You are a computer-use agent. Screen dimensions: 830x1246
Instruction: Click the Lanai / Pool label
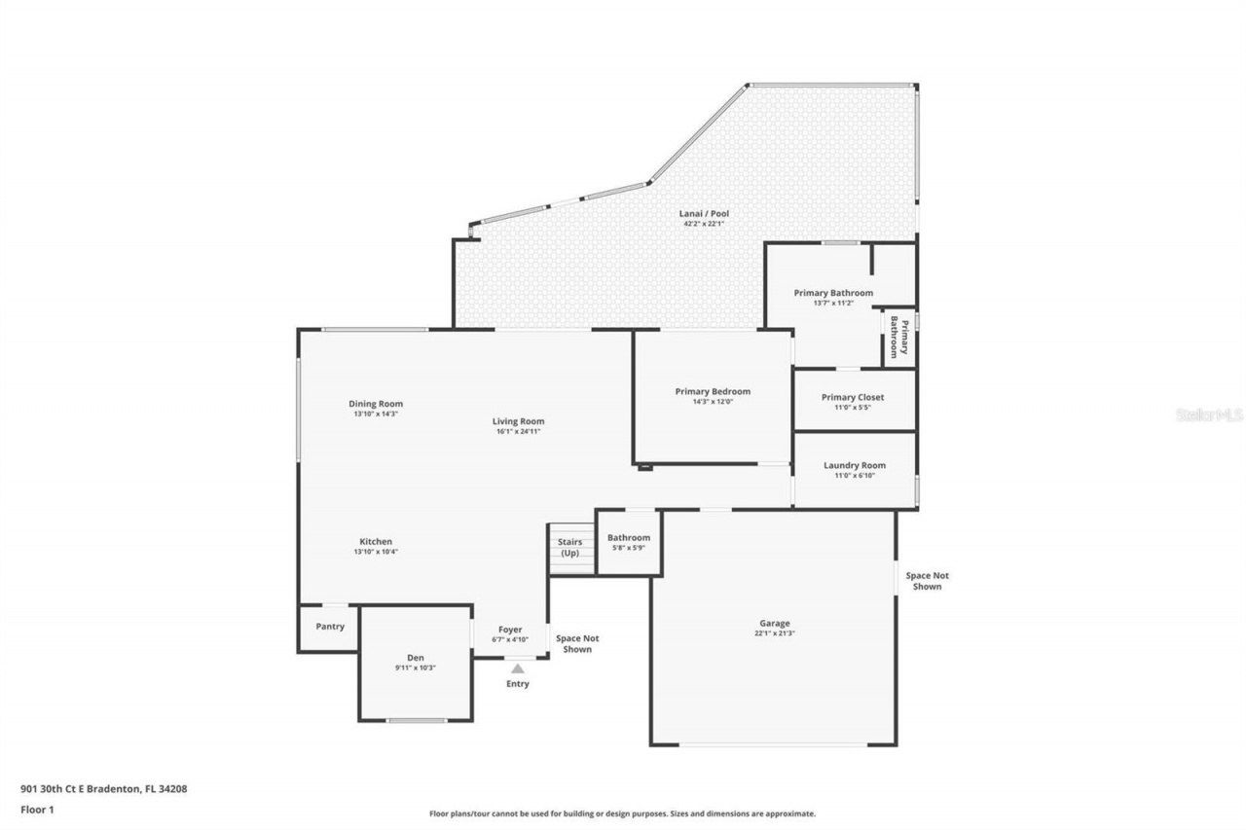(704, 214)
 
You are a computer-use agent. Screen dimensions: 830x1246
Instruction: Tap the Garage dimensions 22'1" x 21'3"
(775, 633)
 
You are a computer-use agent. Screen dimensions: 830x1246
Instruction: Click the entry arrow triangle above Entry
(518, 668)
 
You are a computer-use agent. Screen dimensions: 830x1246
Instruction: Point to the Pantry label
(330, 627)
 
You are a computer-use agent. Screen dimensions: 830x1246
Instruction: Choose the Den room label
(416, 658)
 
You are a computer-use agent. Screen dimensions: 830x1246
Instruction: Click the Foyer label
(511, 630)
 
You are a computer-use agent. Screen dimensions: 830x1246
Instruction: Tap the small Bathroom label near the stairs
(628, 538)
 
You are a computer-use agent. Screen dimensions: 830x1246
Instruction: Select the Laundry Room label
(855, 466)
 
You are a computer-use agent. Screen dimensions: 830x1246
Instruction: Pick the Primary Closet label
(853, 397)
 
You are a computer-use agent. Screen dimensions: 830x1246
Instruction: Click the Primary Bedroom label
(713, 391)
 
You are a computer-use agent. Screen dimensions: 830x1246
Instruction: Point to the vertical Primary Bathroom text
(898, 338)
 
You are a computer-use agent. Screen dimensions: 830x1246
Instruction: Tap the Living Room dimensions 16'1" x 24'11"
(518, 431)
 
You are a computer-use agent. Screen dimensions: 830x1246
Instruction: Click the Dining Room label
(376, 404)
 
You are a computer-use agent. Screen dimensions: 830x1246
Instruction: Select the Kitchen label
(376, 542)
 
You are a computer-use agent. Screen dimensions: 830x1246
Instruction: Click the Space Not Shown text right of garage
(927, 581)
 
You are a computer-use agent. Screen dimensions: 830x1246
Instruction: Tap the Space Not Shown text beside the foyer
(576, 644)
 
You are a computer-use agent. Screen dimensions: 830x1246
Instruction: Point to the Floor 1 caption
(37, 809)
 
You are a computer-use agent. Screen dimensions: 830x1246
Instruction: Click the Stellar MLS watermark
(1209, 415)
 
